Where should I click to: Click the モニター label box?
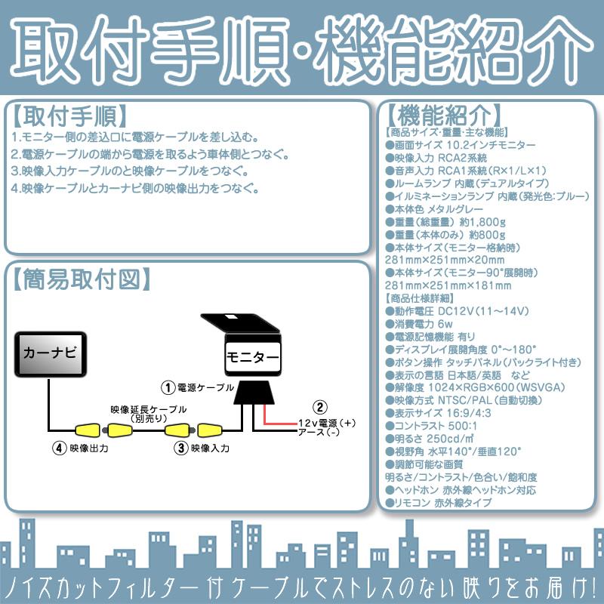pyautogui.click(x=251, y=355)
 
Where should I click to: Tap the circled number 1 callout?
pyautogui.click(x=170, y=386)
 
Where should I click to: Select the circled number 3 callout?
pyautogui.click(x=180, y=447)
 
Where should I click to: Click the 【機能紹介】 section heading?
pyautogui.click(x=444, y=117)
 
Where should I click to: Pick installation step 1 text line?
pyautogui.click(x=136, y=137)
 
